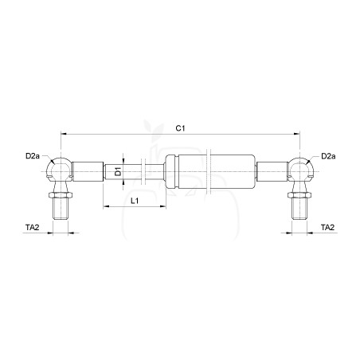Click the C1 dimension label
point(180,128)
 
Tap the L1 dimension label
point(135,201)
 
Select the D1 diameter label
point(118,171)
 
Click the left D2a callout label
point(33,156)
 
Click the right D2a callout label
point(328,156)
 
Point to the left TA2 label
point(33,228)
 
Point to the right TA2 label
point(328,228)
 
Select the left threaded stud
point(61,209)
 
